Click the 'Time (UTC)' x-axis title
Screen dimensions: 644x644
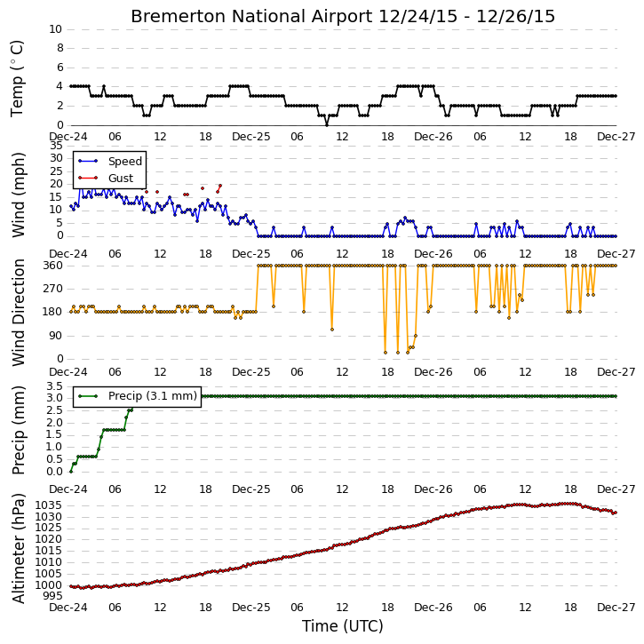pos(343,626)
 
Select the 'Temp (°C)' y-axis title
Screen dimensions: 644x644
pos(17,78)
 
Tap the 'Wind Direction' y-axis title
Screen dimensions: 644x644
pos(18,313)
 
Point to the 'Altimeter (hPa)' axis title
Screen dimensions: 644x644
pos(18,549)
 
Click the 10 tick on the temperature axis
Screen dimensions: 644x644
pos(55,29)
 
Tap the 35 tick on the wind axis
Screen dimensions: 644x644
pos(57,146)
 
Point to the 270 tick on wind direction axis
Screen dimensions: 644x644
pos(53,289)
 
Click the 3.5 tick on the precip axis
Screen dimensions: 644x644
pos(54,386)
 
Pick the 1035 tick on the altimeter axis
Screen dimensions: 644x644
pos(49,505)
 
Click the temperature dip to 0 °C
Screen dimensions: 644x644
pos(327,124)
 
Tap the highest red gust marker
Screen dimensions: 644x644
pos(220,186)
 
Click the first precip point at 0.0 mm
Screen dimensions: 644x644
pos(71,472)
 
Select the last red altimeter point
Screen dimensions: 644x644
pos(616,513)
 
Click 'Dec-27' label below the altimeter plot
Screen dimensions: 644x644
pos(616,608)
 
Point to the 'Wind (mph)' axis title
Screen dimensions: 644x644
pos(18,195)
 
